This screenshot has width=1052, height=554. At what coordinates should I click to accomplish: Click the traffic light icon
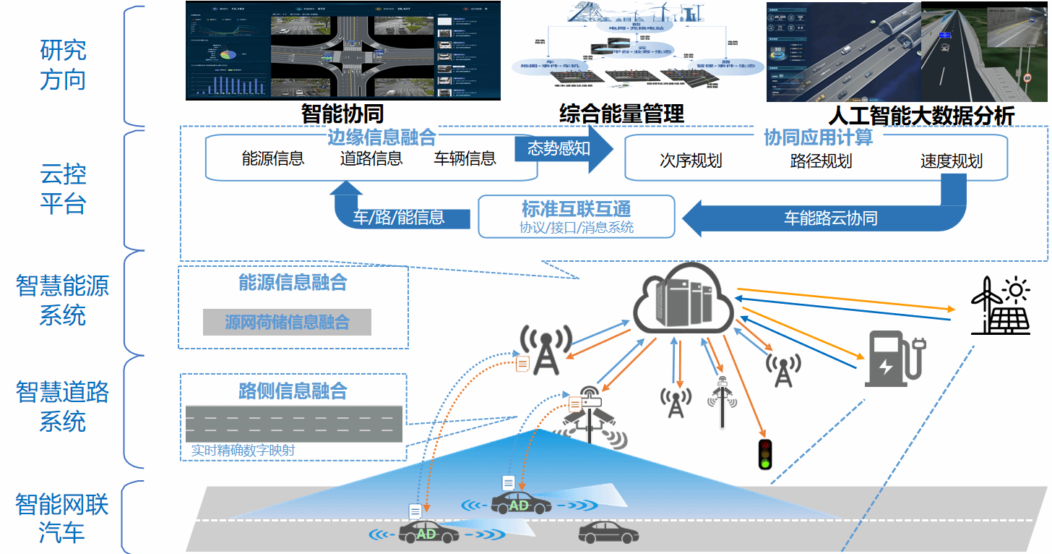click(765, 454)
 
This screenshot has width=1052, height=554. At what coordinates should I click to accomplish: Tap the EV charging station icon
click(894, 359)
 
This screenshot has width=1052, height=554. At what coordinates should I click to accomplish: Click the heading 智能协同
click(342, 114)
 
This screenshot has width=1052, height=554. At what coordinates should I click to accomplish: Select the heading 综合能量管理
click(621, 114)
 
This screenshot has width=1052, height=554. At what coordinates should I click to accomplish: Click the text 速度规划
click(952, 161)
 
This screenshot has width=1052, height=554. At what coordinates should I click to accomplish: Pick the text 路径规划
click(821, 161)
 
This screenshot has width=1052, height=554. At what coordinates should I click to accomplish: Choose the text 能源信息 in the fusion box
click(272, 158)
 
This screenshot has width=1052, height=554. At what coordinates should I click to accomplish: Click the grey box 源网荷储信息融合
click(287, 322)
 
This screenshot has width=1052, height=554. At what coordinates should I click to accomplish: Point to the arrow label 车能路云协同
click(831, 218)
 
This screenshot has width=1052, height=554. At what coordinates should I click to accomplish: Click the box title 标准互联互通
click(576, 209)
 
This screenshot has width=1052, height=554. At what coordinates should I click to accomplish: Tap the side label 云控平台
click(64, 189)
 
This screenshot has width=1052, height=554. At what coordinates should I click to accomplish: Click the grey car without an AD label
click(608, 533)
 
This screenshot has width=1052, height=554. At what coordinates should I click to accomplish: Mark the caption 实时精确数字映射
click(243, 451)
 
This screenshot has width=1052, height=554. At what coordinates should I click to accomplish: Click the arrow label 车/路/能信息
click(398, 217)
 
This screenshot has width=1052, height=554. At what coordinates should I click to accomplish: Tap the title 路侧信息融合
click(293, 391)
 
